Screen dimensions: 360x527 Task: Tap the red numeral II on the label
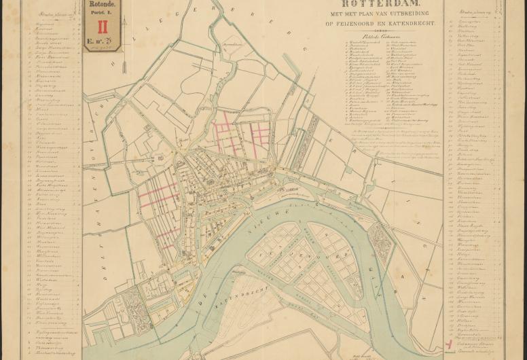pos(103,27)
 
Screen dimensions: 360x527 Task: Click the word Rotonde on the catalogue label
pos(103,4)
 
